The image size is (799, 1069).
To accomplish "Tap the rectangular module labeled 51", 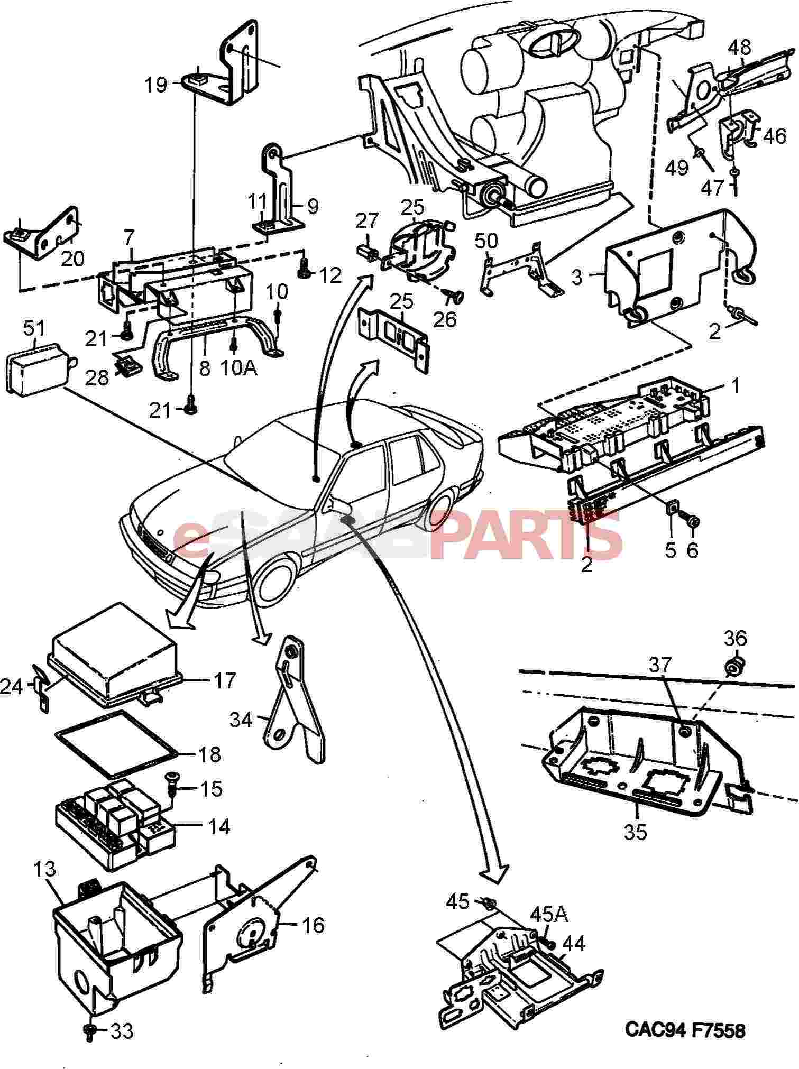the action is [38, 369].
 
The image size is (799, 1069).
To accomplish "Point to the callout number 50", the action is [486, 242].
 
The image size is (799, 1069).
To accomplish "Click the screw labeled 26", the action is [453, 298].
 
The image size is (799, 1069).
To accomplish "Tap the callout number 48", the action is [739, 48].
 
